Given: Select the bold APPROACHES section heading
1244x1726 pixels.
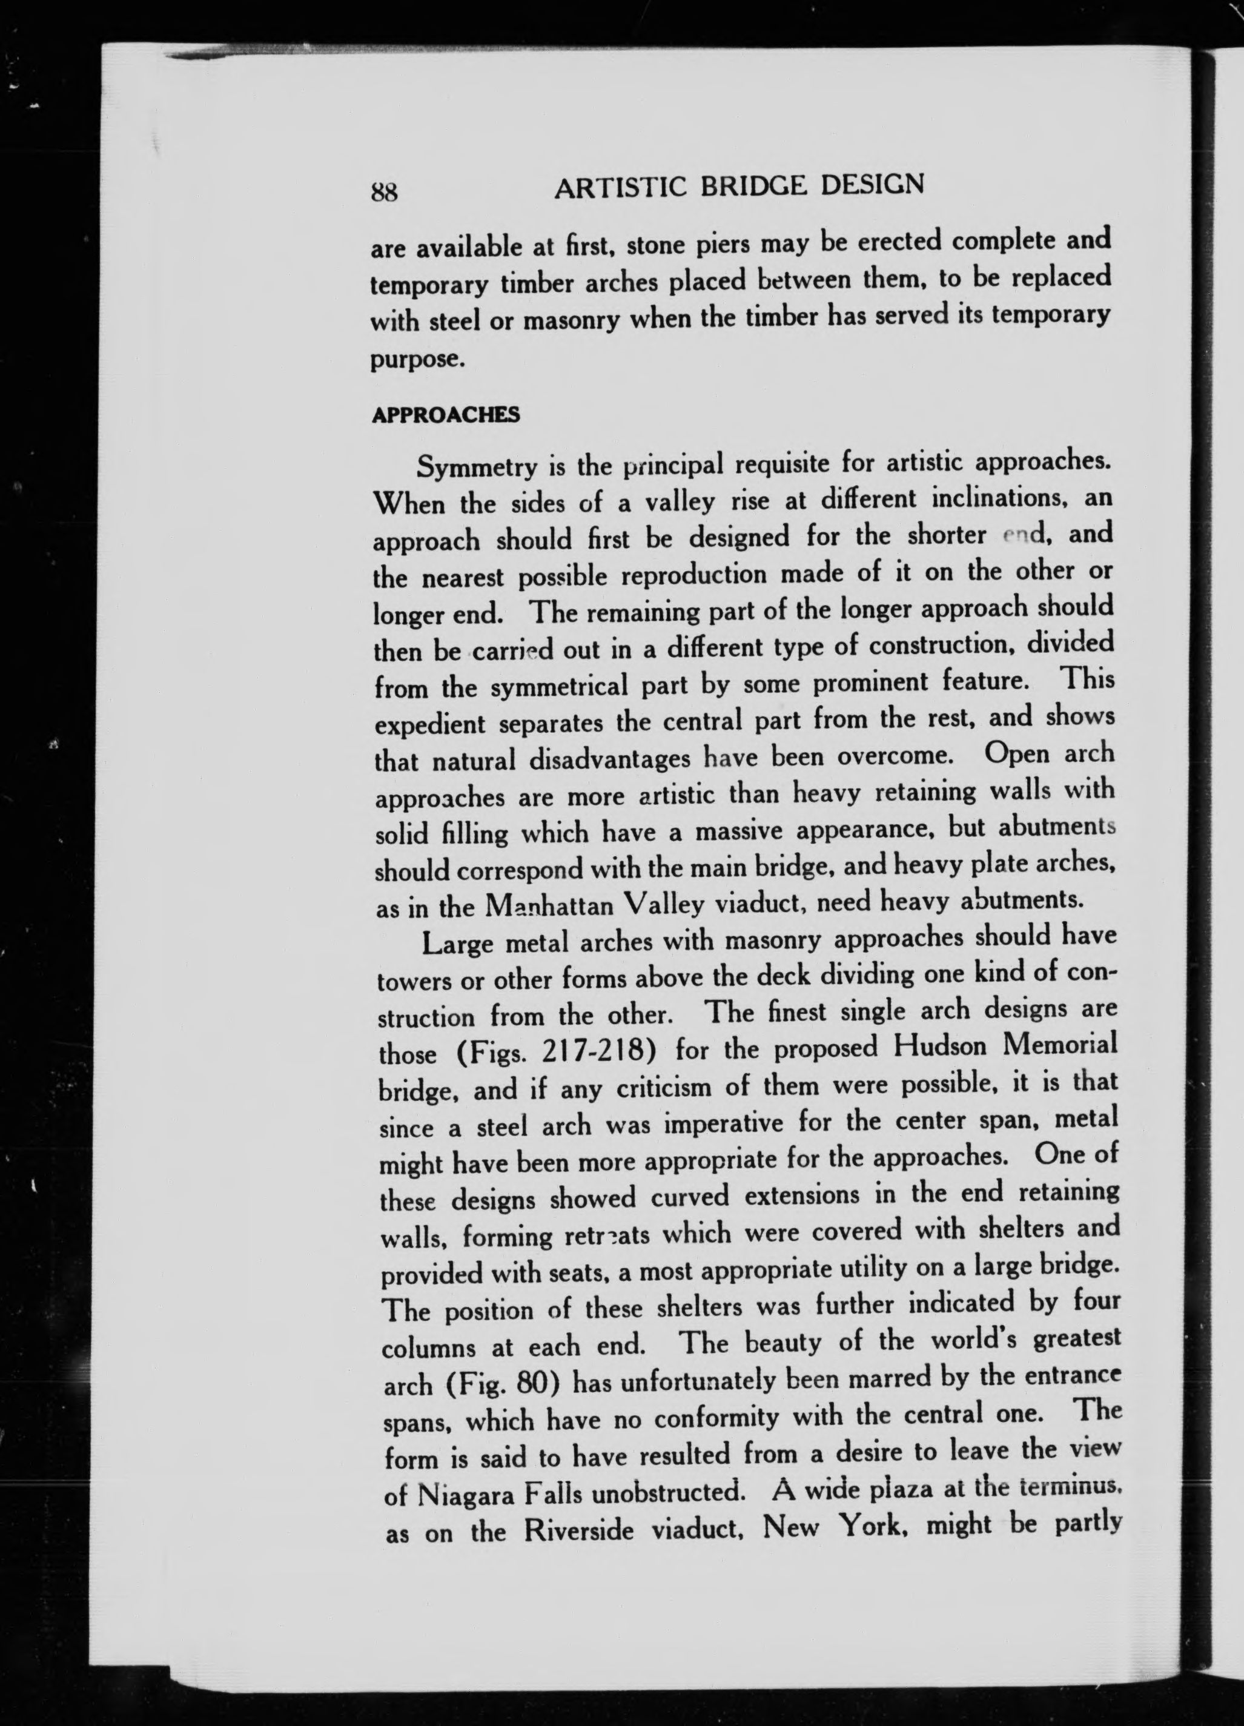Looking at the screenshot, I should click(446, 415).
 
